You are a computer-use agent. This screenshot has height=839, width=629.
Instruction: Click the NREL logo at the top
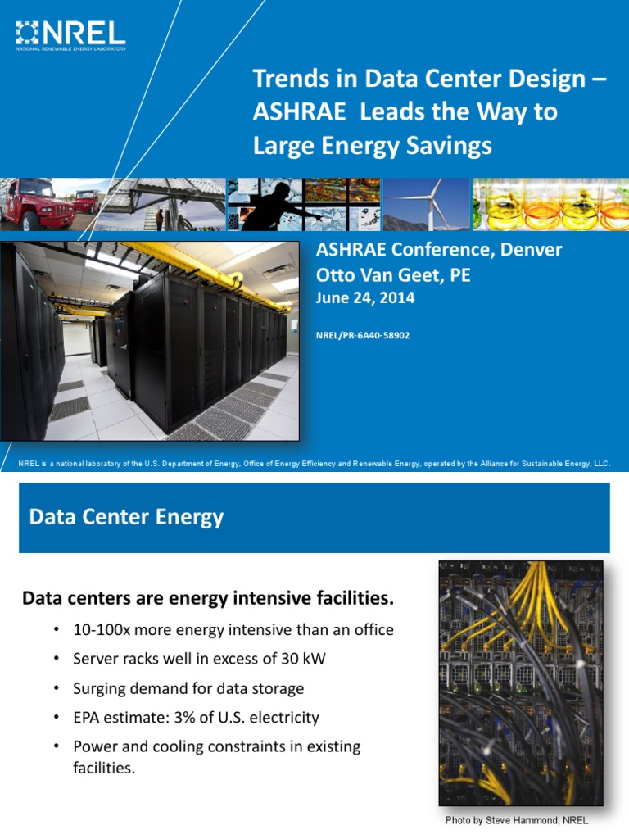(70, 35)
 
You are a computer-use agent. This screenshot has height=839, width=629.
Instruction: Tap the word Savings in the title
(450, 146)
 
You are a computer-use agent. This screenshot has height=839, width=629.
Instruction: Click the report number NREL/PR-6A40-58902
(362, 335)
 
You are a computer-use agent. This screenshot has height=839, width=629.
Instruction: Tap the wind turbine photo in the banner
(427, 205)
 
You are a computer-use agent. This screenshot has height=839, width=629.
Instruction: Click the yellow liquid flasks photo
(550, 205)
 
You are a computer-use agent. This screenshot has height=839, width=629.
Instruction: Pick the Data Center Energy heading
(126, 518)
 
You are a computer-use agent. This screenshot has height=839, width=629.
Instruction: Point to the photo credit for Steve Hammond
(517, 820)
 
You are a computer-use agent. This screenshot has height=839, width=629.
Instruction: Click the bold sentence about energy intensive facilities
(208, 600)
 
